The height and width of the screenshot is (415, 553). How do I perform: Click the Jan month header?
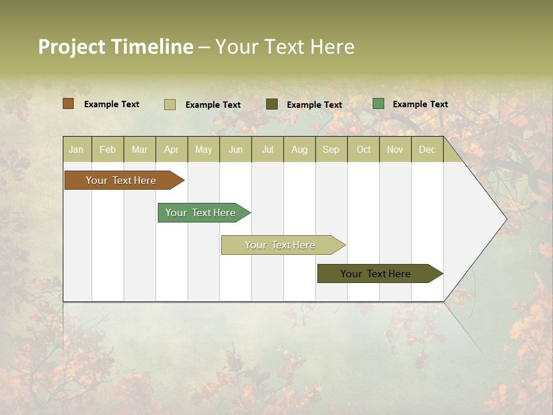point(76,149)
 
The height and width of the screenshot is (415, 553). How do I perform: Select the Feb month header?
point(108,149)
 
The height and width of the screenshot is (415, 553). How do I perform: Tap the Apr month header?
point(171,149)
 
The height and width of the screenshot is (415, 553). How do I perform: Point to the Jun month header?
point(236,149)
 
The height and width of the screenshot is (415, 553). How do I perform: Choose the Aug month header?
point(299,149)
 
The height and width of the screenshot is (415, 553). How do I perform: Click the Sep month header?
point(331,149)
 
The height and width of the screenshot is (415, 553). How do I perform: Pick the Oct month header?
point(363,149)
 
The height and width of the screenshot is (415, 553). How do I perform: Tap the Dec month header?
point(427,149)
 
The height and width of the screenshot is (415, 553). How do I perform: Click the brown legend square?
point(68,104)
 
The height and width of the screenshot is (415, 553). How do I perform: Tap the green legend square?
point(378,104)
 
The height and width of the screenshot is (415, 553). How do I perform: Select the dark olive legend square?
point(272,104)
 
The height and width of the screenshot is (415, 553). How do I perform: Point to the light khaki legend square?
point(169,104)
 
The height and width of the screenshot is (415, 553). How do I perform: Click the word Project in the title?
point(71,47)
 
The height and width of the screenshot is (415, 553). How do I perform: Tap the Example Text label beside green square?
point(420,104)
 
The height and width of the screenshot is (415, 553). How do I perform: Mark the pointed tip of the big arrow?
point(506,219)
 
